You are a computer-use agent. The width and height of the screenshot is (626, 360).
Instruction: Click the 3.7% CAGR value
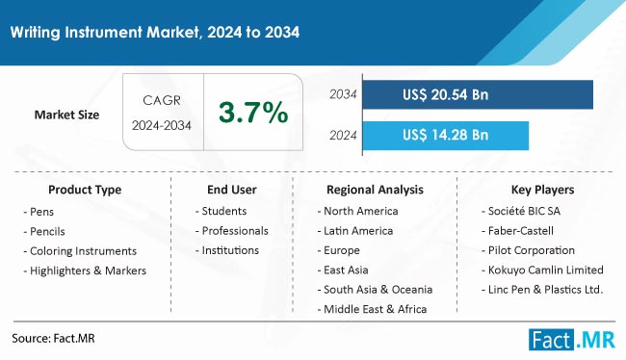coord(253,115)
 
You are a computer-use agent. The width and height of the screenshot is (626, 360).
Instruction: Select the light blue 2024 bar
coord(448,135)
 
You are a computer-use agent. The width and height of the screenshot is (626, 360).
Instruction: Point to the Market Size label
coord(67,115)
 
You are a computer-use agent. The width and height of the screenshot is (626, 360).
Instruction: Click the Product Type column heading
coord(85,190)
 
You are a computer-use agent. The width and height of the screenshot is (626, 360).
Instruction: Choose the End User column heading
coord(231,190)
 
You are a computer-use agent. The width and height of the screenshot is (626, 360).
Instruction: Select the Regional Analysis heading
coord(375,190)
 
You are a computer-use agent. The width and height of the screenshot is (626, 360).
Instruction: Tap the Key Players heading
coord(541,190)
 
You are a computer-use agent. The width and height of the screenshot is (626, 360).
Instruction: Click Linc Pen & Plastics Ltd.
coord(545,290)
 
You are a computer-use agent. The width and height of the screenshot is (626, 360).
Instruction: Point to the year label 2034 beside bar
coord(344,94)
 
